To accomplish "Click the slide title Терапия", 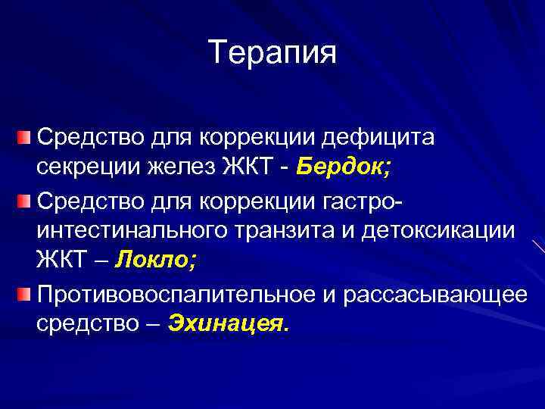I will [272, 52].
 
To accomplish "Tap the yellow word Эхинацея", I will [228, 324].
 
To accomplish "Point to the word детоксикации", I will [446, 230].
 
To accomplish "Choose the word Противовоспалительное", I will [177, 293].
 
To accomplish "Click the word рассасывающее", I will [434, 293].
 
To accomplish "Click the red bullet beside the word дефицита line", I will [24, 137].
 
